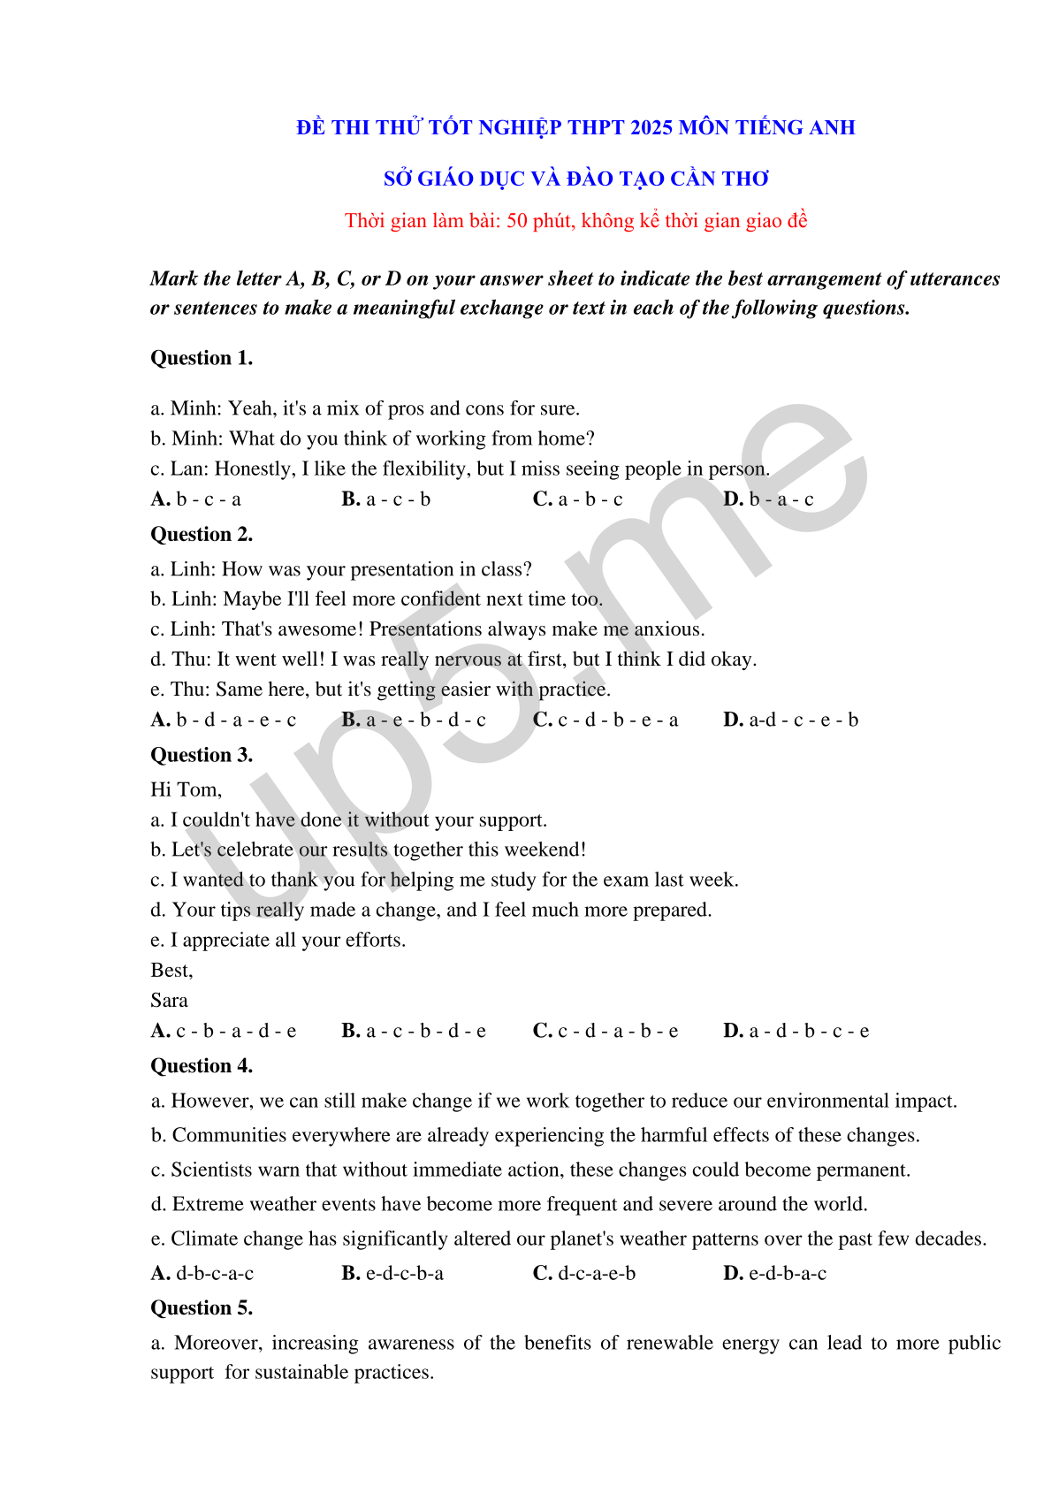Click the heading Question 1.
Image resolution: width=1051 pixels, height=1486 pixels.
202,358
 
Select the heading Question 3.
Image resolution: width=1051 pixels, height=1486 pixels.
202,755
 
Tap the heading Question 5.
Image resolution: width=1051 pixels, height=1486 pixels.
202,1307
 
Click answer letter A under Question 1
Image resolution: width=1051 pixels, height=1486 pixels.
160,499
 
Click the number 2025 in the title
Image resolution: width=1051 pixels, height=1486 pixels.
652,127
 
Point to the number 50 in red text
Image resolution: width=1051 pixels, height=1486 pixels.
517,220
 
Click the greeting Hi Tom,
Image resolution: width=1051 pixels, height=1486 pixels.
187,789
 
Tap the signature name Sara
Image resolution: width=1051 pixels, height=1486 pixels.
169,1000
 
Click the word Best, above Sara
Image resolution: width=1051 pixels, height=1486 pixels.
171,970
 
